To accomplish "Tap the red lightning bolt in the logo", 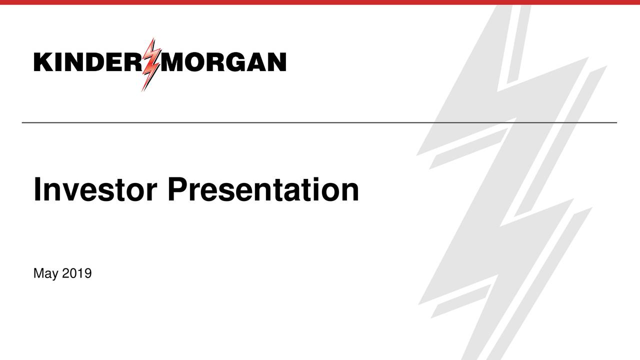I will (150, 64).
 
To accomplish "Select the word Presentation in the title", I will (263, 190).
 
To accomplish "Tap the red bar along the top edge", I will (320, 2).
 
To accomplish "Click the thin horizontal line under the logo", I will (320, 122).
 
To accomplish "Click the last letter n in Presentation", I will (350, 193).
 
